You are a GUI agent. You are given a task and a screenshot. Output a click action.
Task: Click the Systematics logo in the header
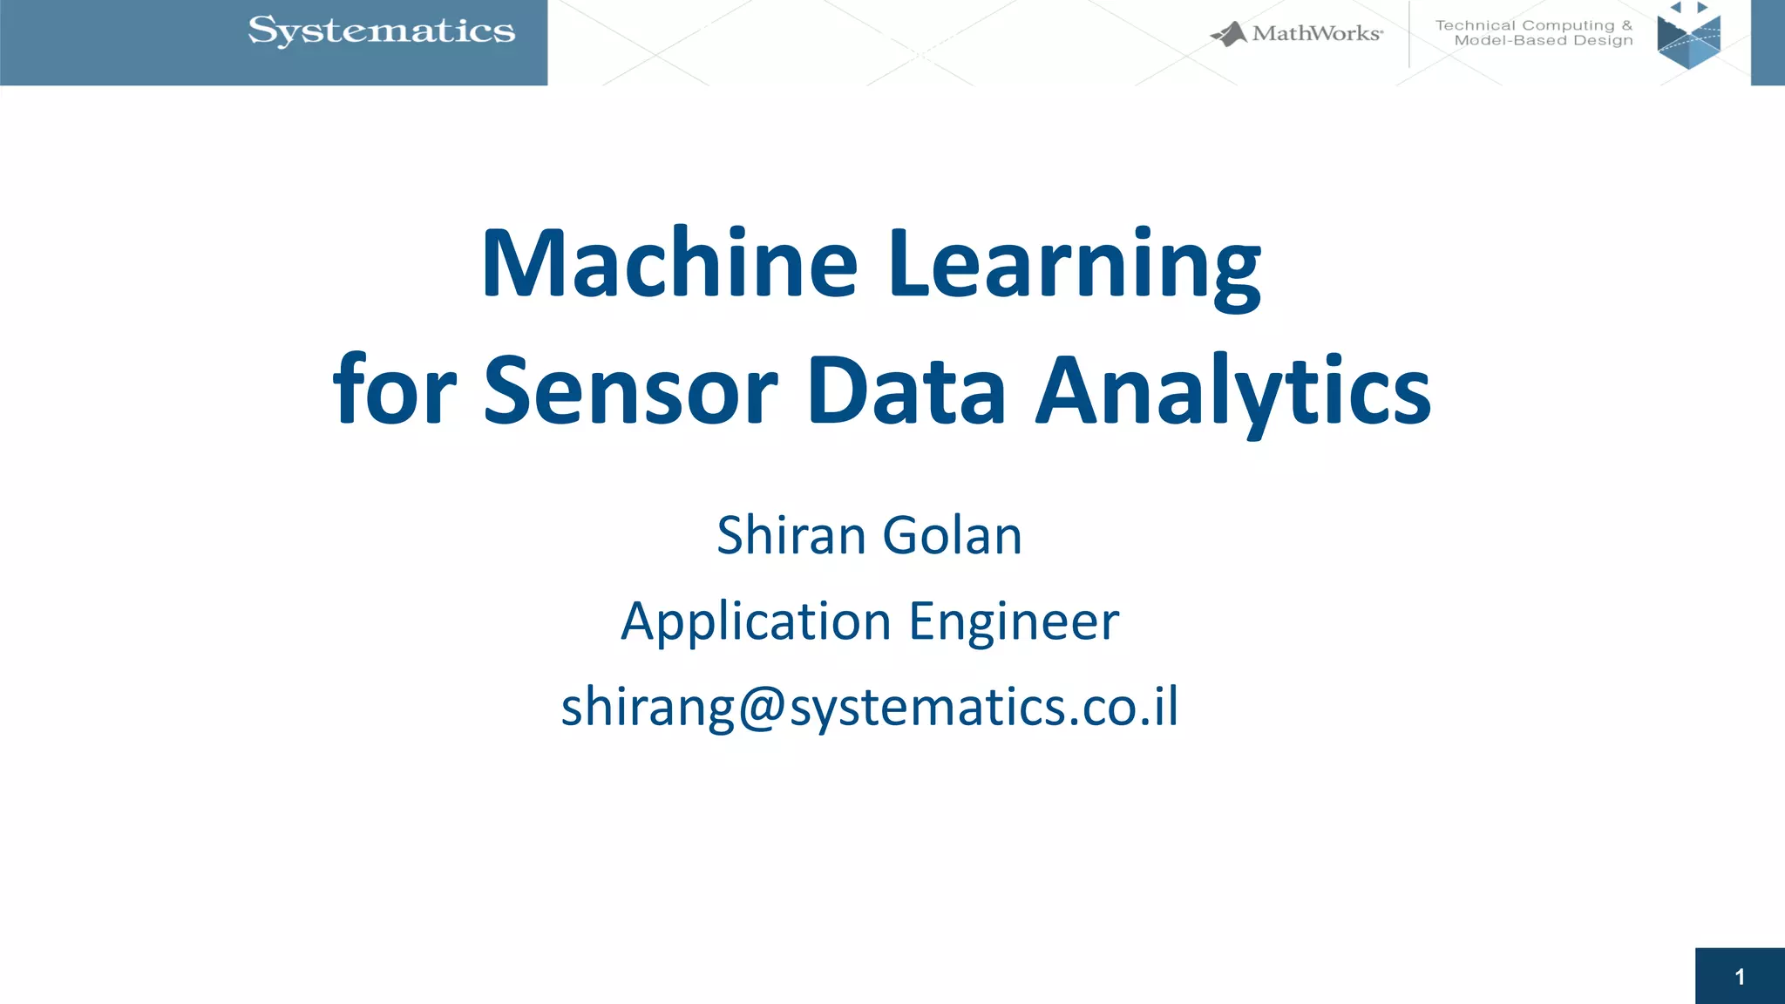pos(382,31)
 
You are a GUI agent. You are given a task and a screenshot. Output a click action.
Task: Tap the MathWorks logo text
pos(1316,34)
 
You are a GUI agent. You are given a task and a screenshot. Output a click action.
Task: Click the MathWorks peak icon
pos(1230,35)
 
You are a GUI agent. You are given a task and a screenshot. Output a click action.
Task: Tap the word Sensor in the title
pos(630,391)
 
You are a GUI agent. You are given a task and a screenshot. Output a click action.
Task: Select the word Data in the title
pos(906,391)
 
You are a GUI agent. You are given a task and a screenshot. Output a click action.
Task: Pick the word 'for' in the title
pos(394,391)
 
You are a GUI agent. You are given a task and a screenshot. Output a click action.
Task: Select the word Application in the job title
pos(756,622)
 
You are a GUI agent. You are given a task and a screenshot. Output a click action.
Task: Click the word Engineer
pos(1014,622)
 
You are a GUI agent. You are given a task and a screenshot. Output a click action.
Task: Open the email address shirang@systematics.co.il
pos(870,707)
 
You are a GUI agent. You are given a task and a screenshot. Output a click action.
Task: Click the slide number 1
pos(1740,977)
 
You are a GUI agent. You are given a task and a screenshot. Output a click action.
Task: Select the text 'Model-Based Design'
pos(1544,41)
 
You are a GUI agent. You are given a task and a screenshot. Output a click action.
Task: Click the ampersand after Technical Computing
pos(1626,26)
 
